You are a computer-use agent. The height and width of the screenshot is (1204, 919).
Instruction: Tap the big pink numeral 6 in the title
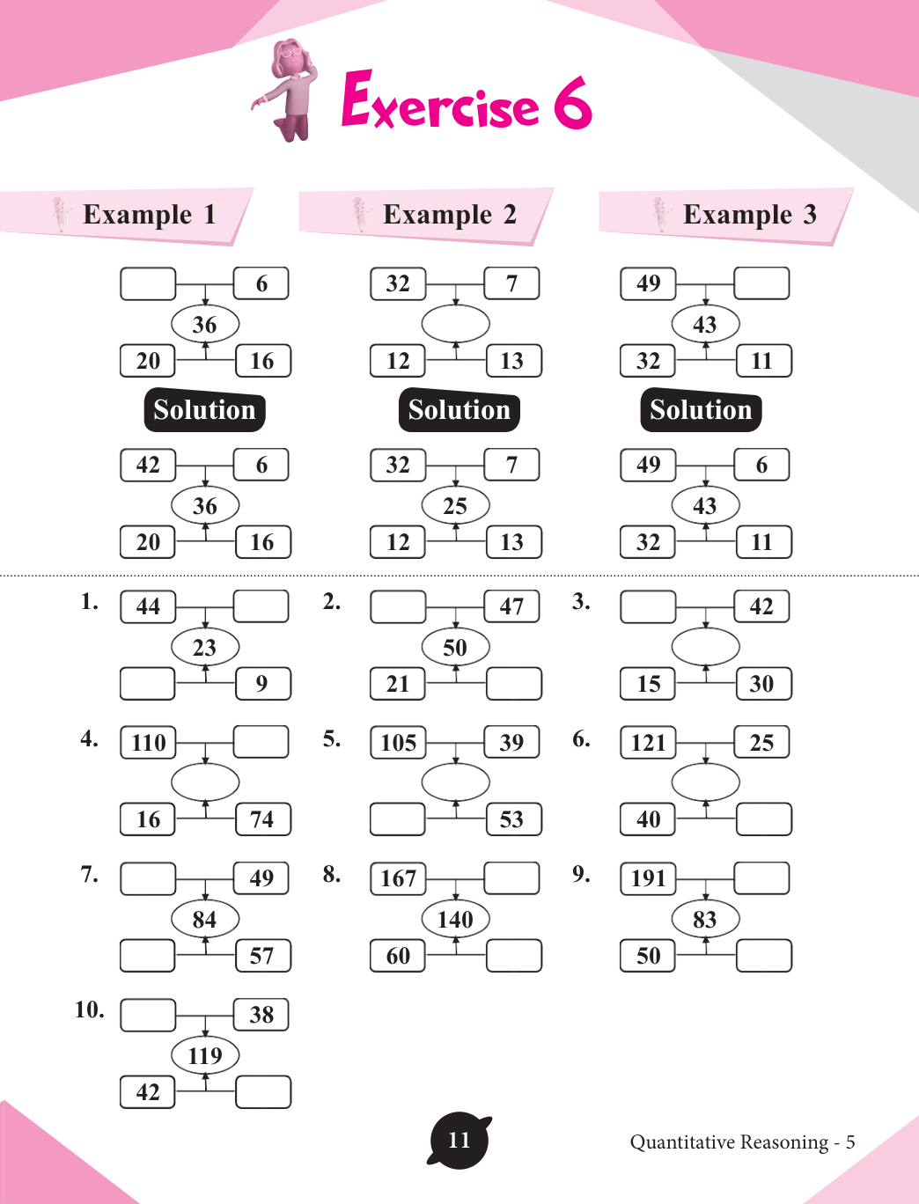[x=572, y=103]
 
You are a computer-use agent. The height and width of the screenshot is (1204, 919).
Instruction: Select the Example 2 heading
[x=449, y=214]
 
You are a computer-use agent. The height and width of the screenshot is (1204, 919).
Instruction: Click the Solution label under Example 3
[x=701, y=410]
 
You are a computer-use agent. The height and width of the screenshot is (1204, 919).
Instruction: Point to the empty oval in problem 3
[x=705, y=647]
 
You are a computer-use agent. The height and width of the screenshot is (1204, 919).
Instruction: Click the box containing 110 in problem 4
[x=148, y=742]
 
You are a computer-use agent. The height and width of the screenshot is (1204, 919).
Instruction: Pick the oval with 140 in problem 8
[x=455, y=919]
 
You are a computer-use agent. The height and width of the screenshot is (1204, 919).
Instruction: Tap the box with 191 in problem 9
[x=648, y=877]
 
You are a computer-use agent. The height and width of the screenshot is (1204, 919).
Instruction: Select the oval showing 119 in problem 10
[x=205, y=1055]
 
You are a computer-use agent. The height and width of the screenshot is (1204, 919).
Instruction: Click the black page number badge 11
[x=459, y=1141]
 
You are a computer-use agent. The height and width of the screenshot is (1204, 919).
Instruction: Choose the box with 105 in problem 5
[x=398, y=742]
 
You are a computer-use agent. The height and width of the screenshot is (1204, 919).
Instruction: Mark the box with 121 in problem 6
[x=648, y=742]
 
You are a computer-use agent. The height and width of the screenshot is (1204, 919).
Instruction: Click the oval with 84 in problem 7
[x=205, y=919]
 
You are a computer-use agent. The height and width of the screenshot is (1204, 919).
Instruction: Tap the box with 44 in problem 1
[x=148, y=606]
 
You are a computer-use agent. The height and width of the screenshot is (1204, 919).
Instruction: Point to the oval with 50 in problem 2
[x=455, y=647]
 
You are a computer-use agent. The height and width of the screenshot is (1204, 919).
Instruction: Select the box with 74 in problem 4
[x=262, y=819]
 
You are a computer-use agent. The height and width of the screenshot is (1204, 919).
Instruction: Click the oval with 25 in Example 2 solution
[x=455, y=505]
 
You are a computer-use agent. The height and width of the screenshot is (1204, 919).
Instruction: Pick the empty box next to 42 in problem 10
[x=263, y=1092]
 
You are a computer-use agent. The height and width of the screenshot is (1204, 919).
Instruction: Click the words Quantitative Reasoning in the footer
[x=729, y=1142]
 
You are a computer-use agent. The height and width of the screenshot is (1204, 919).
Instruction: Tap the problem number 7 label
[x=89, y=874]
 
